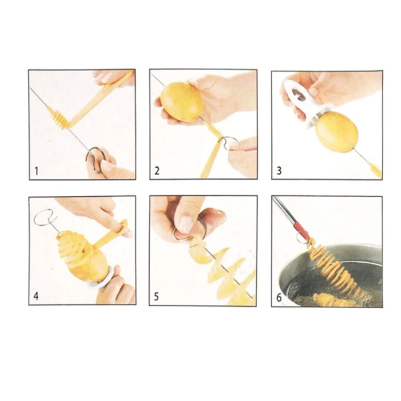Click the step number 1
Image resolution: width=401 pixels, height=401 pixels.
pos(36,171)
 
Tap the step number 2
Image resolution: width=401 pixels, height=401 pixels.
pos(157,170)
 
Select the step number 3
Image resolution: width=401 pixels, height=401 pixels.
pos(279,170)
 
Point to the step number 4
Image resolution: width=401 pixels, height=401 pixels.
pos(36,296)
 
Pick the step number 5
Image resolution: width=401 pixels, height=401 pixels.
pos(156,297)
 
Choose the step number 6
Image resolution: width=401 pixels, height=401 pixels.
pos(279,298)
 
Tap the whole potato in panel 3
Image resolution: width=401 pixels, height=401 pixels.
pos(336,132)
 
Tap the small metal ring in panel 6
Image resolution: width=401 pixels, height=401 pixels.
pos(300,238)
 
